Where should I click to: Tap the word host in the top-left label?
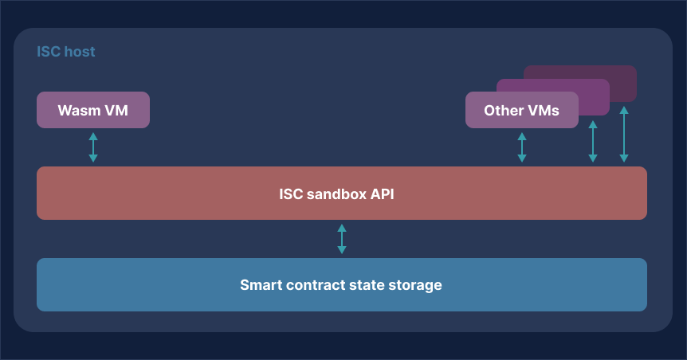click(79, 52)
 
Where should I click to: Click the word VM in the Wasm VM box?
click(116, 110)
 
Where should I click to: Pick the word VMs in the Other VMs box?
click(544, 110)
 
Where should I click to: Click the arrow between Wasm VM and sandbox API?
click(93, 147)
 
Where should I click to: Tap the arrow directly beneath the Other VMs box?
click(522, 147)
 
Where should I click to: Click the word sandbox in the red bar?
click(335, 194)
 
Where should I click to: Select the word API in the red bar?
click(381, 194)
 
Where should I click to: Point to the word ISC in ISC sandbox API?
click(291, 194)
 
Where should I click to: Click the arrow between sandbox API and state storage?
click(342, 239)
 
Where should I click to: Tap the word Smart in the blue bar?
click(260, 285)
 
